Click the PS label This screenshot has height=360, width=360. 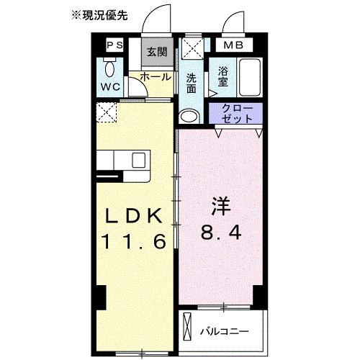pyautogui.click(x=114, y=45)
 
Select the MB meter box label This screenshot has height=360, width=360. pyautogui.click(x=235, y=45)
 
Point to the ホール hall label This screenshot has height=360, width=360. pyautogui.click(x=156, y=76)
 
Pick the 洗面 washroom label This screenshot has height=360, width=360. pyautogui.click(x=192, y=84)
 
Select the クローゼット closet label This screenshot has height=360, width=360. pyautogui.click(x=236, y=114)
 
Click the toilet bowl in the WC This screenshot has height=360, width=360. pyautogui.click(x=110, y=70)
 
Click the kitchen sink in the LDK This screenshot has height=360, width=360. pyautogui.click(x=137, y=160)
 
